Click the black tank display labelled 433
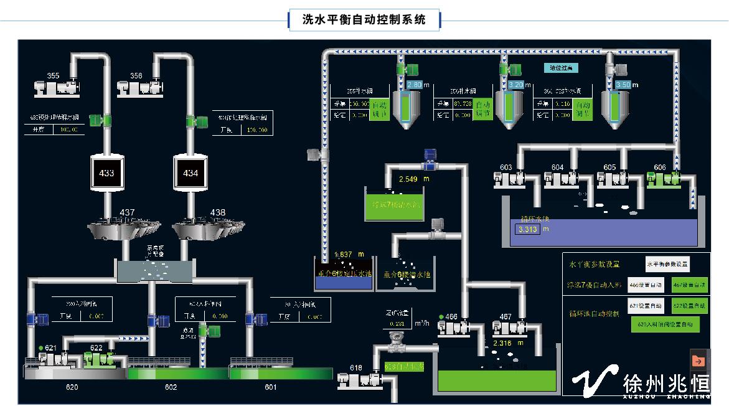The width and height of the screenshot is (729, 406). pyautogui.click(x=107, y=173)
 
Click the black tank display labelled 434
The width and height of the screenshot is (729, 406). pyautogui.click(x=190, y=173)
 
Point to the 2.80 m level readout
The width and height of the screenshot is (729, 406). pyautogui.click(x=415, y=85)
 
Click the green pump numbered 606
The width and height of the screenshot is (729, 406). pyautogui.click(x=662, y=179)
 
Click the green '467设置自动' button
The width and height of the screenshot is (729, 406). pyautogui.click(x=690, y=285)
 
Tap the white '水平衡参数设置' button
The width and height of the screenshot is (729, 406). pyautogui.click(x=668, y=264)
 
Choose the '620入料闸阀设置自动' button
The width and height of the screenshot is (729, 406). pyautogui.click(x=665, y=324)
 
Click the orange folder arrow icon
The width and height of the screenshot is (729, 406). pyautogui.click(x=698, y=361)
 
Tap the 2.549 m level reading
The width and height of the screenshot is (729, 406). pyautogui.click(x=408, y=179)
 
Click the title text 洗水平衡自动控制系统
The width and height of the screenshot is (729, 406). pyautogui.click(x=364, y=19)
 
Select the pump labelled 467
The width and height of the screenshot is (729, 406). pyautogui.click(x=506, y=327)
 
